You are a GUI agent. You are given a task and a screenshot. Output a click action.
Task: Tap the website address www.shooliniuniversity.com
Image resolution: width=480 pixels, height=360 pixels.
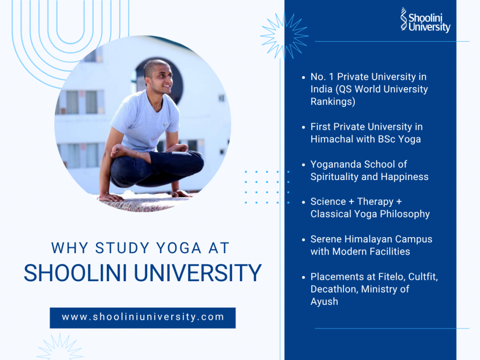143,317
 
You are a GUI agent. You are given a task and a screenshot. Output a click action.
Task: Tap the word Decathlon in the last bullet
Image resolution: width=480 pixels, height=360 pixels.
334,289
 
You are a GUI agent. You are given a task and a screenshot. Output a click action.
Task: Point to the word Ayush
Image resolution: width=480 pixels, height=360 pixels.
324,301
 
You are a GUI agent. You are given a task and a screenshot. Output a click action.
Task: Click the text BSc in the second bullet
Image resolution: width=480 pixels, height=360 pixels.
379,139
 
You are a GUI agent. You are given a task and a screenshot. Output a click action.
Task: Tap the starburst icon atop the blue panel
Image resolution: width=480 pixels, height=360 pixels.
284,36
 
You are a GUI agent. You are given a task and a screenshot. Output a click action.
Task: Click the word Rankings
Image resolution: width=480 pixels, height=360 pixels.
332,102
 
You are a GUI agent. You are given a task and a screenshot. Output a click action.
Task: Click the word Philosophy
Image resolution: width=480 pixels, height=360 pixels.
405,214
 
